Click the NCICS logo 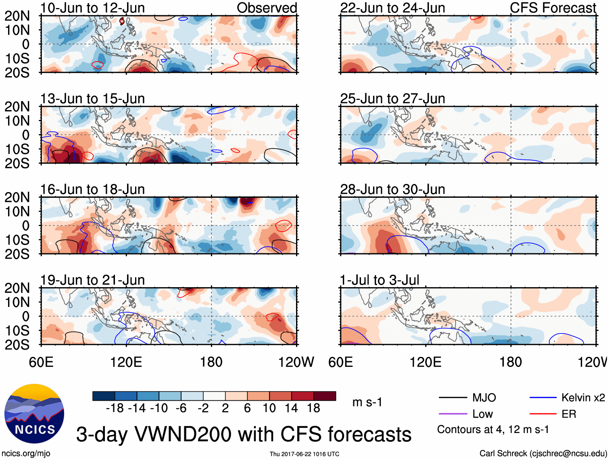point(34,414)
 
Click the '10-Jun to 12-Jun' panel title point(92,8)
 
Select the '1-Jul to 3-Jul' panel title point(380,280)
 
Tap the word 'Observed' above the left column point(267,8)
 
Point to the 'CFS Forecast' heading point(553,8)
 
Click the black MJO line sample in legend point(453,398)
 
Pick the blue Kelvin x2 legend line point(543,398)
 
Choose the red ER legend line point(543,414)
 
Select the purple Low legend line point(453,414)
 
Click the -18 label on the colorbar point(115,408)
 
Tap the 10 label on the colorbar point(269,408)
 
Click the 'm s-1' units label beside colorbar point(367,402)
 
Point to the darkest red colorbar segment point(325,396)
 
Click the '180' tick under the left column point(211,362)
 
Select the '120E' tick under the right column point(425,362)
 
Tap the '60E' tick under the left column point(41,362)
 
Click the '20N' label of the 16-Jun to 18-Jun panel point(17,197)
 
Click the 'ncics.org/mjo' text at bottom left point(26,454)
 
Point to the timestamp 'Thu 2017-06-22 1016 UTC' point(304,454)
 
